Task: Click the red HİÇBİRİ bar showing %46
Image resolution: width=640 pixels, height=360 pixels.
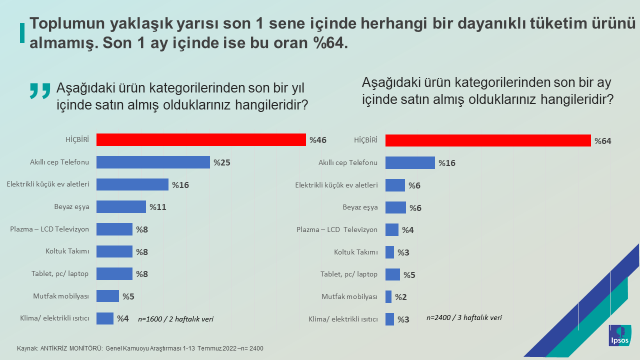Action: pos(200,140)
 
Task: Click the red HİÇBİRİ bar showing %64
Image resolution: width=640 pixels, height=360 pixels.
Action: pos(487,140)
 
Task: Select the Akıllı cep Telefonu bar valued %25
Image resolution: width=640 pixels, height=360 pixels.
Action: pos(152,162)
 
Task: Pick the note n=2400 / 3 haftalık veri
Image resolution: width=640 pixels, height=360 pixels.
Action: pos(459,318)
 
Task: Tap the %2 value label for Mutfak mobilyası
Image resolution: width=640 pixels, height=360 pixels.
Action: pos(399,297)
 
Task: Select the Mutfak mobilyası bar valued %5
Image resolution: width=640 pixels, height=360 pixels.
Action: pos(106,296)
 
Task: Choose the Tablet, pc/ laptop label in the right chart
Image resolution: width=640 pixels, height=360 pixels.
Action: pos(349,274)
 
